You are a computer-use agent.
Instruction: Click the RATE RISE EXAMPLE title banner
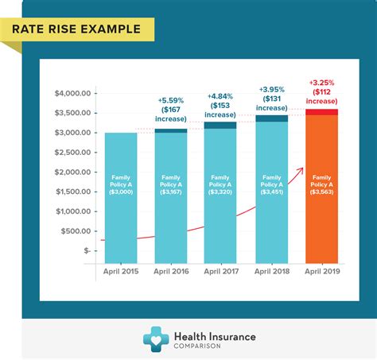coord(76,30)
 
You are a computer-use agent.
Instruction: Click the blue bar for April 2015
coord(121,199)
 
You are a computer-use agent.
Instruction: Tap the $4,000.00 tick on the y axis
coord(74,93)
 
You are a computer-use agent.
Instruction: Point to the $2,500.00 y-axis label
coord(74,152)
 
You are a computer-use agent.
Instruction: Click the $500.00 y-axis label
coord(77,230)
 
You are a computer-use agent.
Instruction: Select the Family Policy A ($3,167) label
coord(171,185)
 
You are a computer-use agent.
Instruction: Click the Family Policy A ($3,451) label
coord(271,185)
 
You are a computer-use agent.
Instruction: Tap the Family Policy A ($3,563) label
coord(321,185)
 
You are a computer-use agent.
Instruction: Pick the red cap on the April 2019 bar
coord(321,112)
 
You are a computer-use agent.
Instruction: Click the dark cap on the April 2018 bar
coord(271,118)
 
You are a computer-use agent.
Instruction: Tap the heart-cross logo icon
coord(157,339)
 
